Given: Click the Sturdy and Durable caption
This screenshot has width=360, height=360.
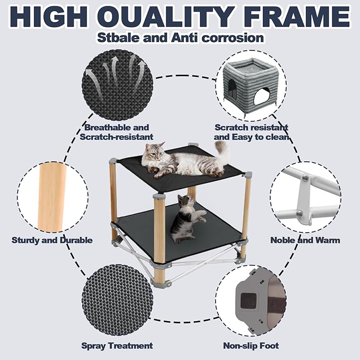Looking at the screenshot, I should (52, 240).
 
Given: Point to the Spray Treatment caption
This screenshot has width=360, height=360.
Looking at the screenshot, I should (117, 346).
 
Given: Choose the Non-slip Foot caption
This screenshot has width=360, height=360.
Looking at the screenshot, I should (251, 346).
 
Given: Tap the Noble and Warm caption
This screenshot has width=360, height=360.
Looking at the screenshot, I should (305, 240).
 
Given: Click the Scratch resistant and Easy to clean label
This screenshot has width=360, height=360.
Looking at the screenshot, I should (251, 132).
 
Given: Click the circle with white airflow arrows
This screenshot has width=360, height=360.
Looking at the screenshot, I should (117, 85).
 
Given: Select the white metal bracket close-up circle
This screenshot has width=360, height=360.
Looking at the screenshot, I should (305, 197).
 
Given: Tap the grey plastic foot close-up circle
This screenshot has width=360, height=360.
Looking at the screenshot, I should (251, 301).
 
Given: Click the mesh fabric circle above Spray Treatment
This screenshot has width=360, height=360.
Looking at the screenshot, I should (117, 301).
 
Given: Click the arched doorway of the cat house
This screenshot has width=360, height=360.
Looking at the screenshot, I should (261, 96).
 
